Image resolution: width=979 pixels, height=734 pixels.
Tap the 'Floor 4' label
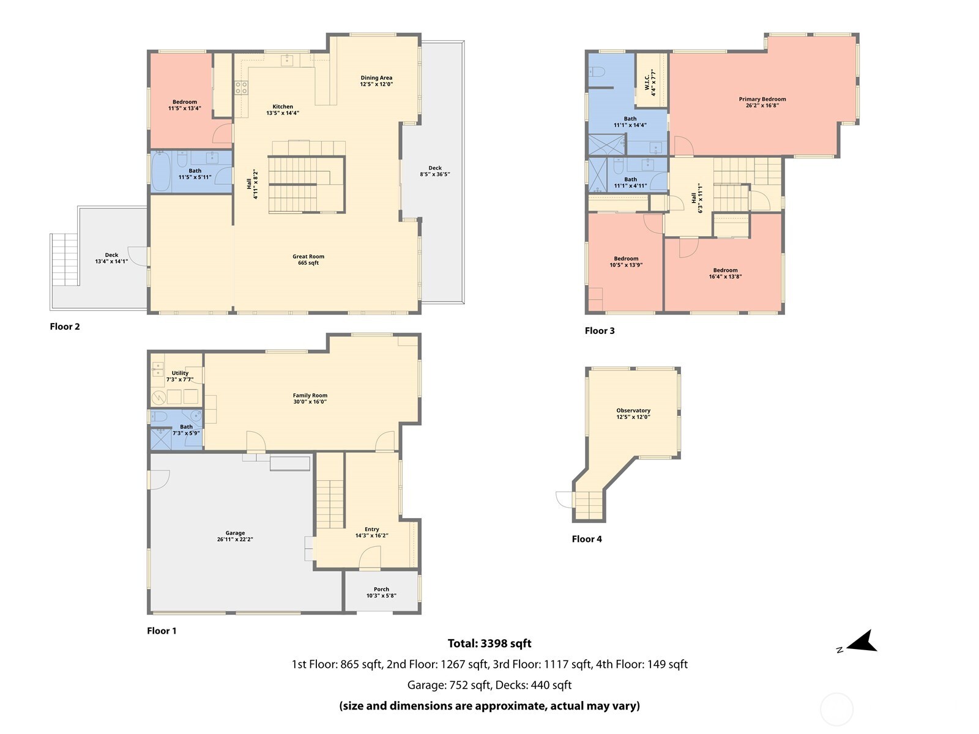pyautogui.click(x=586, y=539)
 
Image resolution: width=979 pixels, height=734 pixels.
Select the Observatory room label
pyautogui.click(x=633, y=410)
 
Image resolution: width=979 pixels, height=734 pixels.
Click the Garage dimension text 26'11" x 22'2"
pyautogui.click(x=235, y=539)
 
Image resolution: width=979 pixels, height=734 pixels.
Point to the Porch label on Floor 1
pyautogui.click(x=381, y=589)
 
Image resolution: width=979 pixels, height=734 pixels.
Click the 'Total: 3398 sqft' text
pyautogui.click(x=489, y=643)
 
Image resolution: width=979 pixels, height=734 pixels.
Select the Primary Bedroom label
pyautogui.click(x=762, y=99)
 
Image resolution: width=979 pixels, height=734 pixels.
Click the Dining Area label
pyautogui.click(x=376, y=78)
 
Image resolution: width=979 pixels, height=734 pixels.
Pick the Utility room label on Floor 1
pyautogui.click(x=180, y=373)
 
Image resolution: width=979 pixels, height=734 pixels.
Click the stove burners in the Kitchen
pyautogui.click(x=241, y=87)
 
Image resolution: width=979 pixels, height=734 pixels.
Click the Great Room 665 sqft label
pyautogui.click(x=308, y=260)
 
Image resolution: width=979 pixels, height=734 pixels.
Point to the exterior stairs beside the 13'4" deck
pyautogui.click(x=64, y=259)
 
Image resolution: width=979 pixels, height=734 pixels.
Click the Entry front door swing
pyautogui.click(x=369, y=557)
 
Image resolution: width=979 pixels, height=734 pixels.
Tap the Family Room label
pyautogui.click(x=310, y=395)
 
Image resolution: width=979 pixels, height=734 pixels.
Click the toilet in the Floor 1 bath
pyautogui.click(x=159, y=417)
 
